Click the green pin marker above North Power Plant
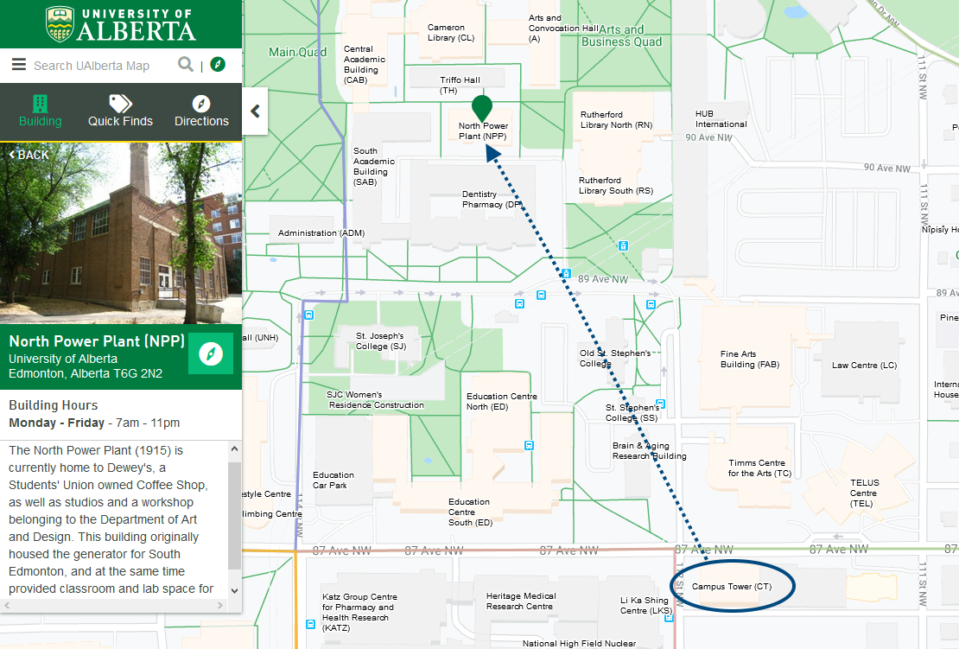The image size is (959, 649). coord(482,108)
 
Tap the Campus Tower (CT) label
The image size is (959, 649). coord(731,587)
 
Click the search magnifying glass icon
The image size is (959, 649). coord(185,65)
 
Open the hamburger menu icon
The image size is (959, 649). coord(19,65)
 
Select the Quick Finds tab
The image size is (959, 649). coord(120,111)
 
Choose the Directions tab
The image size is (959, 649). coord(201,111)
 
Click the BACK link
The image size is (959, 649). coord(29,155)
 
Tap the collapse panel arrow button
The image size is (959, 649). coord(255,111)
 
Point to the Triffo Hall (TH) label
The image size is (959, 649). coord(460,85)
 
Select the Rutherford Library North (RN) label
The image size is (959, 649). coord(616,119)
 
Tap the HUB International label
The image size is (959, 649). coord(721,118)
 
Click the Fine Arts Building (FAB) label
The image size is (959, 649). coord(750,359)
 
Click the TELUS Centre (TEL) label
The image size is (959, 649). coord(864,493)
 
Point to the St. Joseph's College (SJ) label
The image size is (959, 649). coord(380,340)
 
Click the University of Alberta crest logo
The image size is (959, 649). coord(59,24)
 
